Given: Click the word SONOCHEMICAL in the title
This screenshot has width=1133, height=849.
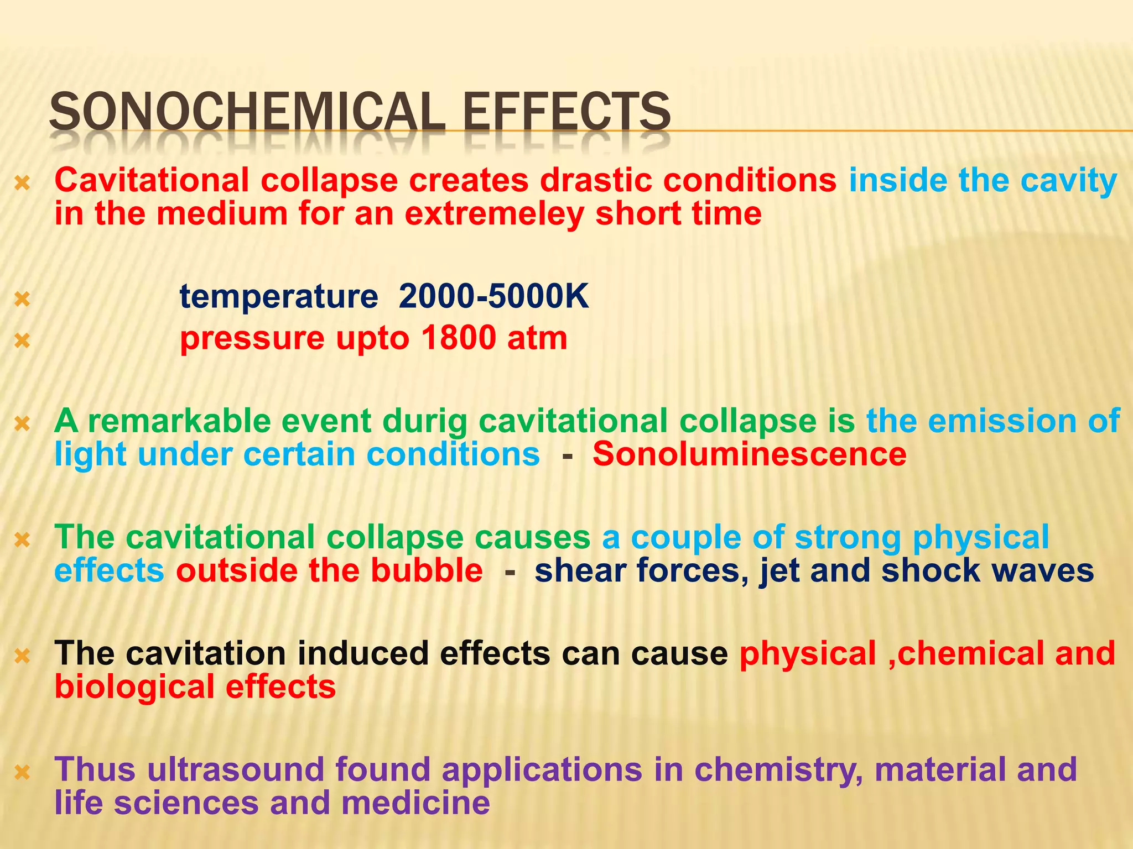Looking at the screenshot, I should click(247, 112).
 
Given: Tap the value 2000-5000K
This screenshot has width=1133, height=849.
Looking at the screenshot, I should click(493, 296).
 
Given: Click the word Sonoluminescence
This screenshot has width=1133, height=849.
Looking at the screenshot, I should click(750, 454).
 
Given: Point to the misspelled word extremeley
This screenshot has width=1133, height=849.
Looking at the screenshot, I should click(494, 214).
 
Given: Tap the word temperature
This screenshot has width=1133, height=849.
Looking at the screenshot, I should click(279, 297).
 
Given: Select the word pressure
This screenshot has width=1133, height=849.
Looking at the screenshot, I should click(252, 339).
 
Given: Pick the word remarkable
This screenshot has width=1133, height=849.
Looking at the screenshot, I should click(180, 421).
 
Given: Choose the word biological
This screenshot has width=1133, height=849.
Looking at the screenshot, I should click(134, 687).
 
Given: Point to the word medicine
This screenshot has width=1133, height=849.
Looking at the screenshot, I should click(415, 803).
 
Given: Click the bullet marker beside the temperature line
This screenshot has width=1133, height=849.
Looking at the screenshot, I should click(22, 299).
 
